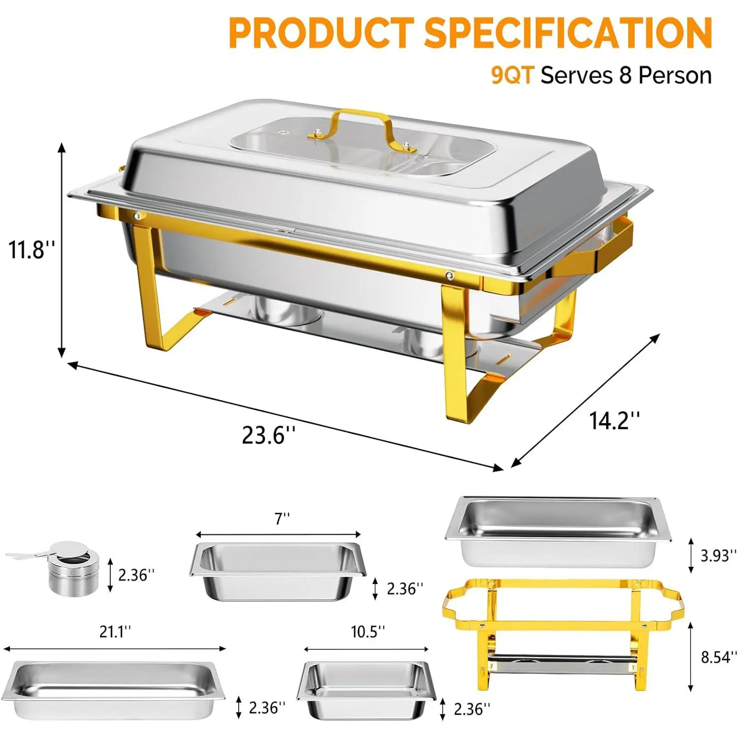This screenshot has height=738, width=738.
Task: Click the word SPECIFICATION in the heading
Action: point(568,32)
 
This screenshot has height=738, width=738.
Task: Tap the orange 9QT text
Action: point(512,75)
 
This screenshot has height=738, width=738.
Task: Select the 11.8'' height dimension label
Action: point(31,249)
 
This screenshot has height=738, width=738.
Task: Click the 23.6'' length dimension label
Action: point(269,435)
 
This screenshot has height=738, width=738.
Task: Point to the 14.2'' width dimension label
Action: point(615,421)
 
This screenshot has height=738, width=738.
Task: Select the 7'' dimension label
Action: point(282,518)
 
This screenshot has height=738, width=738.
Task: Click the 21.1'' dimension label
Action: point(115,631)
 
